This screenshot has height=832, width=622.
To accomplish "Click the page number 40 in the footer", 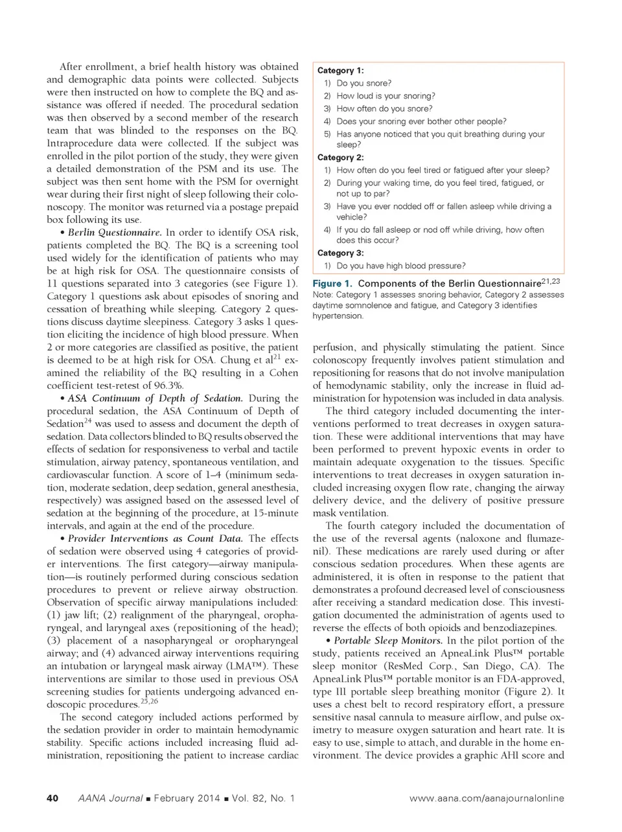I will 52,798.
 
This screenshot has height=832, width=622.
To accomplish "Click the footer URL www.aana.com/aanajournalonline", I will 487,798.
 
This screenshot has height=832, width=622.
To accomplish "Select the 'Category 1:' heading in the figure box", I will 340,71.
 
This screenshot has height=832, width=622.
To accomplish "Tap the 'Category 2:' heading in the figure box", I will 340,157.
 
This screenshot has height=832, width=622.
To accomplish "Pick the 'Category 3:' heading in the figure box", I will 340,253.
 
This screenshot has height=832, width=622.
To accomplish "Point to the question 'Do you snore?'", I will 363,84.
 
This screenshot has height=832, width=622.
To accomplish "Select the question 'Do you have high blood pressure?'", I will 400,266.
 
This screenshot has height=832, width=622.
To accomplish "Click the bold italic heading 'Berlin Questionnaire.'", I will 115,233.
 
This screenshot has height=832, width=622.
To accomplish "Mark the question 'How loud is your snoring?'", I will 386,96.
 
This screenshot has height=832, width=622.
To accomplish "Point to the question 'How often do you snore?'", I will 384,109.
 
